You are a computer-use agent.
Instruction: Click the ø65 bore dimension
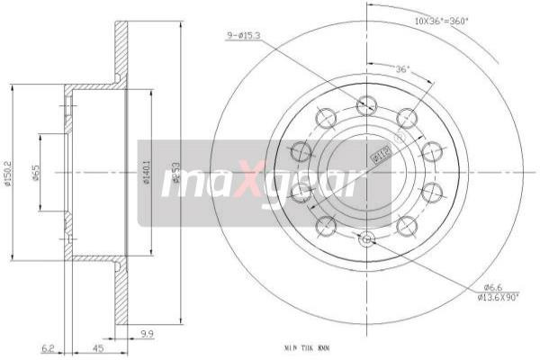[35, 172]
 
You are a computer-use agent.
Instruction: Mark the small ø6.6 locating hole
[365, 238]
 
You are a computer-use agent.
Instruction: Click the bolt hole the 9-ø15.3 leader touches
[365, 105]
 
